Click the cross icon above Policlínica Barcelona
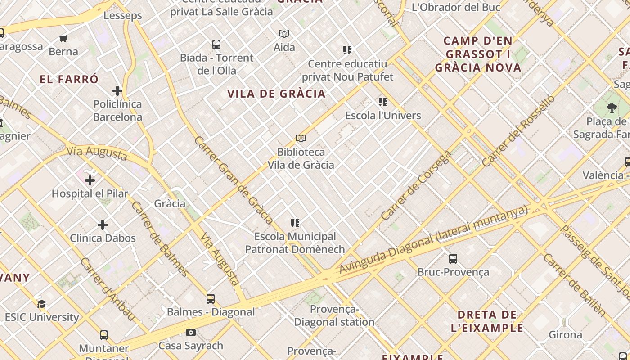click(x=117, y=91)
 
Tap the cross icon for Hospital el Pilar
click(x=90, y=180)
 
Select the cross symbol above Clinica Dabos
click(x=103, y=225)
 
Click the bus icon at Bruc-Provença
click(x=453, y=259)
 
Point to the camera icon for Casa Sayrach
click(x=191, y=333)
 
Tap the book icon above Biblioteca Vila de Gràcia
click(x=301, y=139)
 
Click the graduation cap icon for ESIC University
click(x=41, y=304)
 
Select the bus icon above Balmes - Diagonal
click(x=211, y=298)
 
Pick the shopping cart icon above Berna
click(x=63, y=39)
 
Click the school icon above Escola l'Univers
click(x=383, y=102)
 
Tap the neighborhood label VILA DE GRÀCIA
click(x=276, y=94)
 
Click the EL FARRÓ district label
click(x=69, y=80)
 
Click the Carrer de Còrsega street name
click(x=416, y=185)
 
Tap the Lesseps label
click(x=122, y=15)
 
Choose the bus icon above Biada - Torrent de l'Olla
click(x=216, y=45)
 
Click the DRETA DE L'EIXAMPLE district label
click(x=487, y=321)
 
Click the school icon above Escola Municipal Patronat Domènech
click(x=295, y=223)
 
